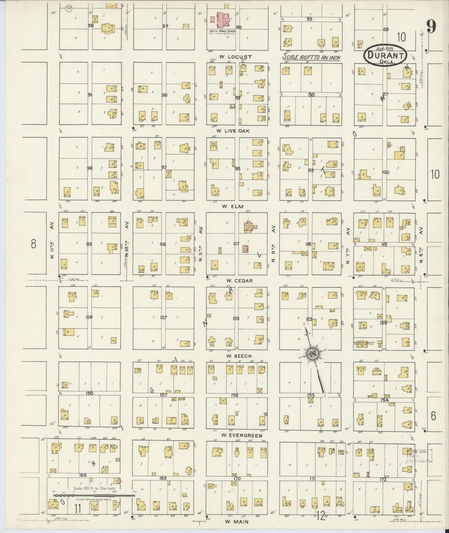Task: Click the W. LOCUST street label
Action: tap(235, 57)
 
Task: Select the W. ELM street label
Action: tap(237, 206)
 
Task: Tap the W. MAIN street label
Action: tap(237, 522)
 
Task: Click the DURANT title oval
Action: tap(385, 55)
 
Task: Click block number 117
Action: tap(236, 244)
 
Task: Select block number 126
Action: tap(89, 317)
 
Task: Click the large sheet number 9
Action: tap(431, 26)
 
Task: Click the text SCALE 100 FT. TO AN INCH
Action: tap(311, 58)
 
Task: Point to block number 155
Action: tap(311, 395)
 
